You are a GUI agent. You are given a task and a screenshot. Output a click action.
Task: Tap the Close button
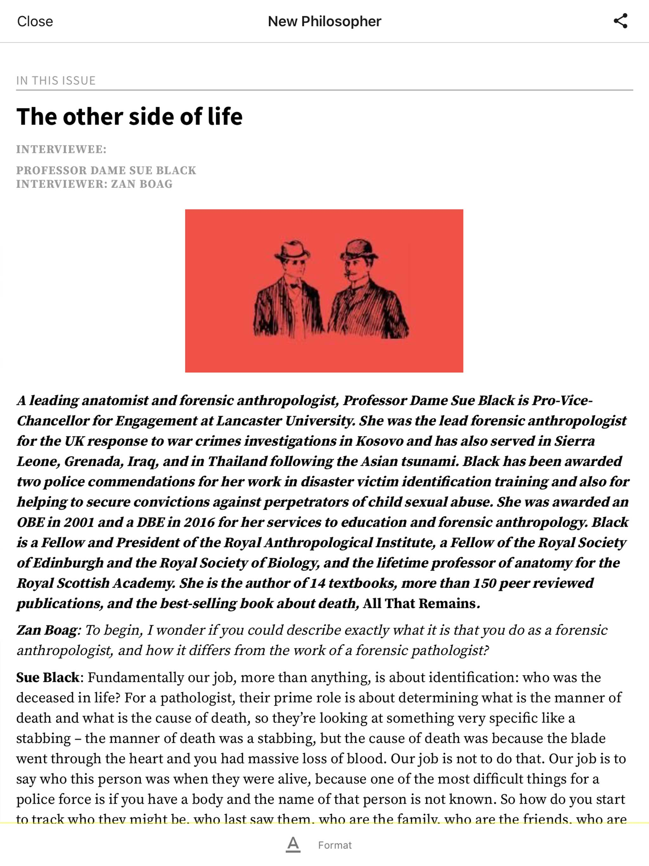click(x=35, y=21)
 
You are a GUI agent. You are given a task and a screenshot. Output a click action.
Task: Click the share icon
click(x=620, y=21)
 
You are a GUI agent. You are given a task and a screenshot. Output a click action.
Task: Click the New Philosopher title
click(x=324, y=21)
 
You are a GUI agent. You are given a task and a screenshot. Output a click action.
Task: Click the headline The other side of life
click(x=129, y=116)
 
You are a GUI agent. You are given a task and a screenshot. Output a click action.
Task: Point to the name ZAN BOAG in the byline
click(x=142, y=184)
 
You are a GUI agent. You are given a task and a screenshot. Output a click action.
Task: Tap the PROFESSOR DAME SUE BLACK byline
click(x=106, y=170)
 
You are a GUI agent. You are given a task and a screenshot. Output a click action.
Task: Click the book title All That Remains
click(x=419, y=603)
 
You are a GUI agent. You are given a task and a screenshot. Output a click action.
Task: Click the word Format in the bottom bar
click(x=335, y=845)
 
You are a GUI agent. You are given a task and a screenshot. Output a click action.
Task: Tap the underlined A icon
click(x=293, y=844)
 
